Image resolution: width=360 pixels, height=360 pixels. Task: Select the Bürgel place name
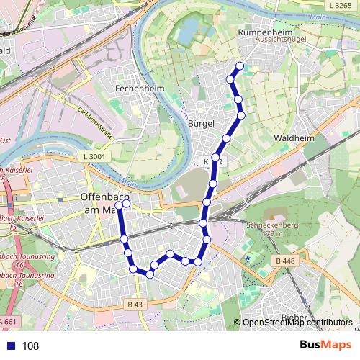pos(201,124)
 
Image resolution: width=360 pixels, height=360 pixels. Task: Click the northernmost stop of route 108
pos(240,67)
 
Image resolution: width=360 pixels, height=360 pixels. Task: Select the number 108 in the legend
pos(31,346)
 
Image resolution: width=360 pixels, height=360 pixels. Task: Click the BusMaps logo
pos(325,346)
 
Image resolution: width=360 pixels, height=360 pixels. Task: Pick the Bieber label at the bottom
pos(293,317)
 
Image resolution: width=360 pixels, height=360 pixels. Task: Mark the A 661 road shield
pos(9,321)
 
